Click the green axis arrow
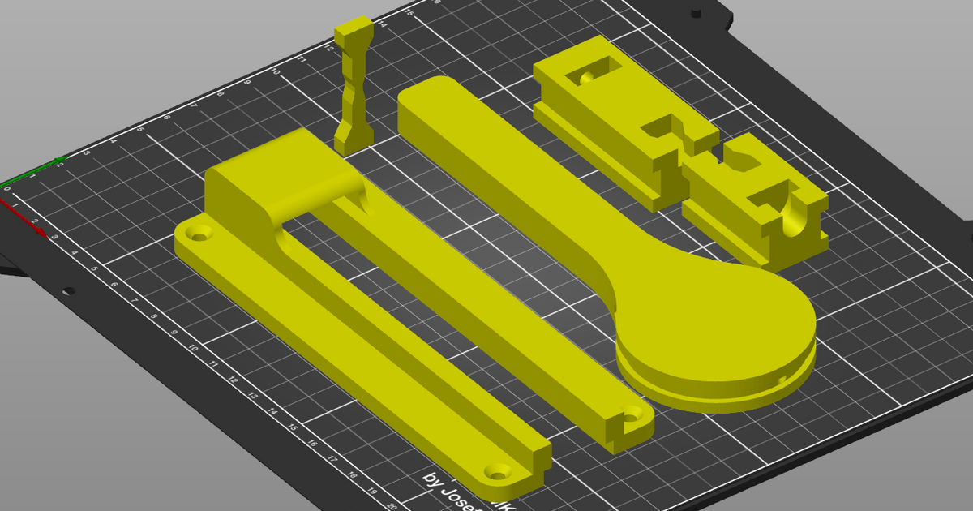[x=58, y=161]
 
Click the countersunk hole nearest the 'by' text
[x=496, y=470]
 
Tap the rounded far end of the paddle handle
[x=430, y=93]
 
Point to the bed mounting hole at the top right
[x=695, y=13]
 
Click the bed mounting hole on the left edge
[x=69, y=290]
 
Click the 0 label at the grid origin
[x=7, y=189]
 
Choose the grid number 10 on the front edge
[x=193, y=348]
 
